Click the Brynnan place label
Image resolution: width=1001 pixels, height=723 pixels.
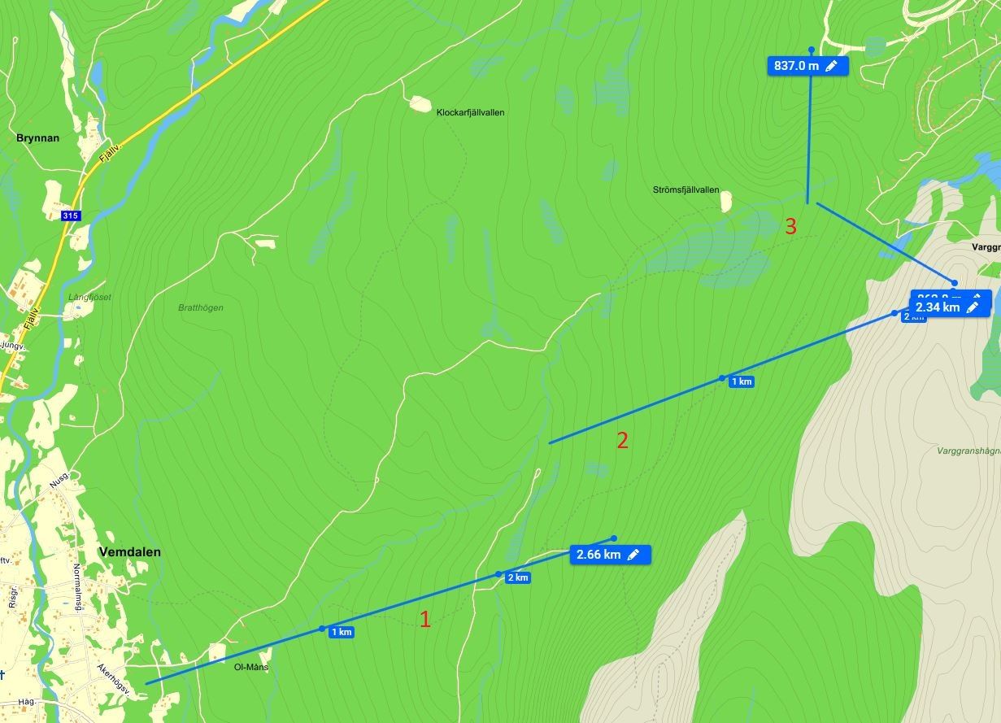(x=38, y=138)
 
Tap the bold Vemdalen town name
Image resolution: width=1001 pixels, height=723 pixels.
(x=129, y=551)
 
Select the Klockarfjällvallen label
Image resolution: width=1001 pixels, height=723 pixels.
(x=470, y=112)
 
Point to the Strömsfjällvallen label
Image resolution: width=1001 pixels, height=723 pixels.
(x=685, y=189)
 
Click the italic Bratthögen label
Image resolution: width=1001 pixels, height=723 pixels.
(x=200, y=307)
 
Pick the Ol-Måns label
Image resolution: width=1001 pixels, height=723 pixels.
(x=251, y=667)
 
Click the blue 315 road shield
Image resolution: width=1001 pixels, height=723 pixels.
(x=71, y=216)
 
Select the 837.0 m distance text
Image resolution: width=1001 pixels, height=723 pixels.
(x=796, y=66)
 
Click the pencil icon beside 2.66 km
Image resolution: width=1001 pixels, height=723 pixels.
(x=633, y=555)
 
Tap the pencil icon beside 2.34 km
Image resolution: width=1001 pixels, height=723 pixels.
(x=973, y=307)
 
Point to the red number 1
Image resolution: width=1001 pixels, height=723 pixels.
(x=424, y=619)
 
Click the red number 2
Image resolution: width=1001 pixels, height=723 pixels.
(x=622, y=441)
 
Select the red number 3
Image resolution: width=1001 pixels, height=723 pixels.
(x=790, y=226)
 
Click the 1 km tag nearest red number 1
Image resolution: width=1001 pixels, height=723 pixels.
(x=342, y=632)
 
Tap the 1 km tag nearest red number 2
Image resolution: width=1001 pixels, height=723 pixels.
(x=742, y=381)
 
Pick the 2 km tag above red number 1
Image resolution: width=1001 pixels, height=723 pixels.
(x=518, y=577)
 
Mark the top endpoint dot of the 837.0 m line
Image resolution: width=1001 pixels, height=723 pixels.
(x=811, y=50)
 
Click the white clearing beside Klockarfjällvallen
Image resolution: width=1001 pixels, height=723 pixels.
(x=420, y=103)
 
